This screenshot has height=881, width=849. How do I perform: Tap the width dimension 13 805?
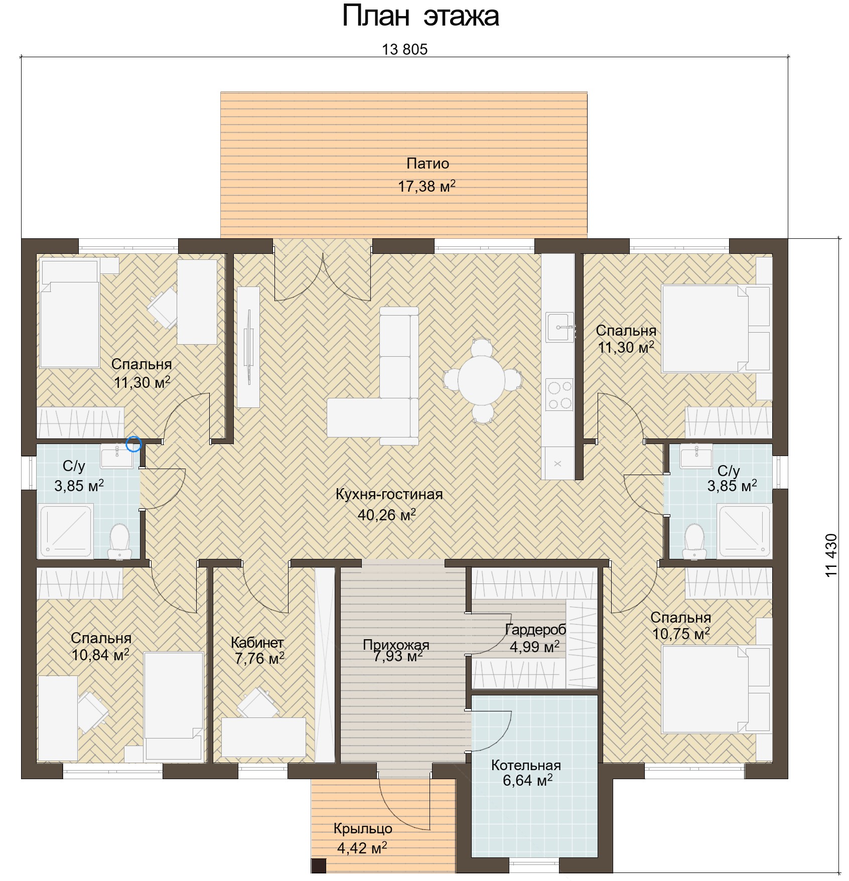(x=404, y=49)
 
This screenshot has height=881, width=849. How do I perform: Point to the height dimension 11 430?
(x=831, y=555)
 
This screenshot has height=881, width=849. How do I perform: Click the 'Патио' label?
(x=428, y=164)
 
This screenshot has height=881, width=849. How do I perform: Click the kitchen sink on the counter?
(x=559, y=327)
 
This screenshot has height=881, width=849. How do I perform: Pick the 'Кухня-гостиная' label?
(x=389, y=494)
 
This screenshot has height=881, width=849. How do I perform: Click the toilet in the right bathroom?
(x=694, y=541)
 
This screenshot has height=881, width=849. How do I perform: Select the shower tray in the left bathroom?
(x=66, y=531)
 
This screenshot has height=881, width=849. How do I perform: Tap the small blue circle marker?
(x=133, y=444)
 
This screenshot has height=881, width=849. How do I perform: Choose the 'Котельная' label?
(x=526, y=765)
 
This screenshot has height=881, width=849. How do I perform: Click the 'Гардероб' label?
(x=535, y=629)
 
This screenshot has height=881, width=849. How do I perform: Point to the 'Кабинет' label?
(x=257, y=642)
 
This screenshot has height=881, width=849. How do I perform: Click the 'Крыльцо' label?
(x=363, y=829)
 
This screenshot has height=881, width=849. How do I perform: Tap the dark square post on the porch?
(x=318, y=865)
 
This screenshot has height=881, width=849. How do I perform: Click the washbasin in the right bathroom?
(x=696, y=456)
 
